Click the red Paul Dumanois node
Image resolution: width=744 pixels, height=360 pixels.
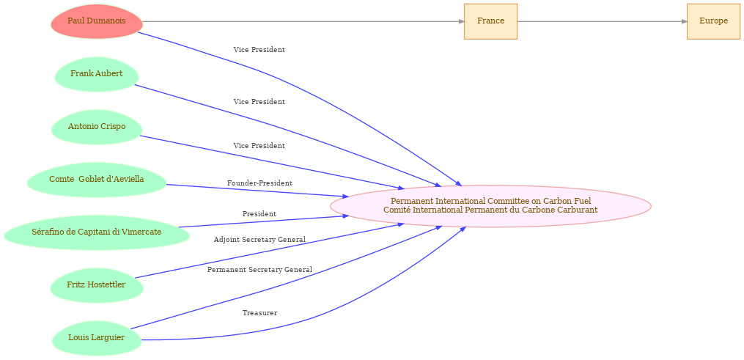tap(96, 21)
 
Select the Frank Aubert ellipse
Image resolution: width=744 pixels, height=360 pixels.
tap(96, 74)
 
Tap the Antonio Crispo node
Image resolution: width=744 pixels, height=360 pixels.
tap(96, 127)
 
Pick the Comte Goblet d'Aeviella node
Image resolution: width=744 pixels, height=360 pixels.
tap(96, 180)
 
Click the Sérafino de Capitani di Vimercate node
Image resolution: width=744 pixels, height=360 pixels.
tap(96, 232)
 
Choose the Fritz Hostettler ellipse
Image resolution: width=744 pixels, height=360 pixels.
tap(96, 285)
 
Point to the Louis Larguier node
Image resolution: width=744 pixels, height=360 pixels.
tap(96, 338)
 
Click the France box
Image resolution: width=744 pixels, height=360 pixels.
tap(490, 21)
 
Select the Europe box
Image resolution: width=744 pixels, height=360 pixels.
tap(713, 21)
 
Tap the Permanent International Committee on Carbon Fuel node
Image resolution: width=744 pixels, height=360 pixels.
tap(490, 206)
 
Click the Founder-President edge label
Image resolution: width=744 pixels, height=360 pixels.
tap(259, 183)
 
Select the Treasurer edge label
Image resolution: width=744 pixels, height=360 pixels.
tap(259, 313)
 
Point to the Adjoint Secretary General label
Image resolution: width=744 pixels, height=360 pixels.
tap(259, 240)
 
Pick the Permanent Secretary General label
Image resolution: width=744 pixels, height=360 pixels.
tap(259, 270)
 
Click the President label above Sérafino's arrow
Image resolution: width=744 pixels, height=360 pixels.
tap(259, 214)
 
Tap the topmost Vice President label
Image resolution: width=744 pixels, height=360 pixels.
tap(259, 50)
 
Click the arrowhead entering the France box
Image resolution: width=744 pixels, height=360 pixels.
tap(461, 21)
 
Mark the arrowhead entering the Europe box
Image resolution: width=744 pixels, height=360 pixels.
tap(684, 21)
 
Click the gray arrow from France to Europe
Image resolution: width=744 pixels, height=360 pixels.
tap(602, 21)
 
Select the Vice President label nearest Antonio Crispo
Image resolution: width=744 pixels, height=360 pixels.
tap(259, 146)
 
